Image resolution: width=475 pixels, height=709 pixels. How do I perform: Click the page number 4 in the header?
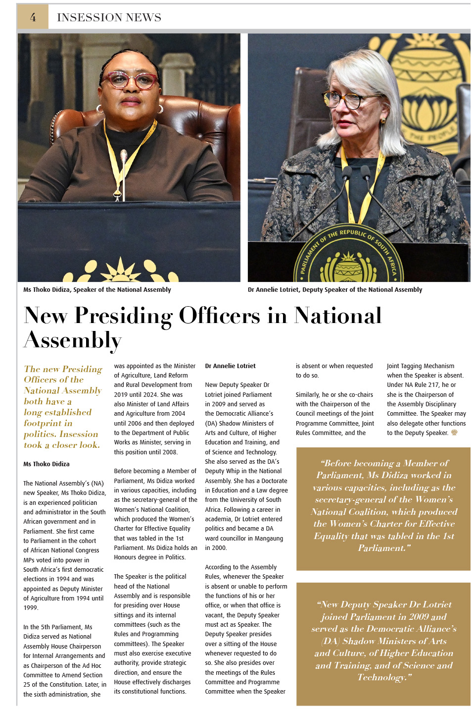click(x=33, y=17)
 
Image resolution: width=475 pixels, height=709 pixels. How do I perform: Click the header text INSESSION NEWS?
click(x=109, y=17)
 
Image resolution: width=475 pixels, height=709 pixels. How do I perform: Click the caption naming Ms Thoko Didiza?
click(x=97, y=290)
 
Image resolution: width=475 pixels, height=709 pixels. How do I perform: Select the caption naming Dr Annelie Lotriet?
click(x=335, y=290)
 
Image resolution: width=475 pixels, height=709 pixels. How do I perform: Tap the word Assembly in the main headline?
click(x=73, y=340)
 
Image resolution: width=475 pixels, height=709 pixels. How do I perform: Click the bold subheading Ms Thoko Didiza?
click(x=47, y=464)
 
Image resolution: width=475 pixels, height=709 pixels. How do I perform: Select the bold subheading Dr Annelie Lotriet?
click(x=230, y=366)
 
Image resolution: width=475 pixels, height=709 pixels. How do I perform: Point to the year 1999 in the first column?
click(x=30, y=608)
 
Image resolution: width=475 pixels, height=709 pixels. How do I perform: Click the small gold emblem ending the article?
click(x=454, y=433)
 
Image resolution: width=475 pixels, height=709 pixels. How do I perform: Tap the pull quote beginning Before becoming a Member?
click(x=383, y=505)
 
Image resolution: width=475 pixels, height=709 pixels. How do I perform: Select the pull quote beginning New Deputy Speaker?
click(x=383, y=641)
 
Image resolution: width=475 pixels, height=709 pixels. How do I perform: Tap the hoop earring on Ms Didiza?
click(x=160, y=109)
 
